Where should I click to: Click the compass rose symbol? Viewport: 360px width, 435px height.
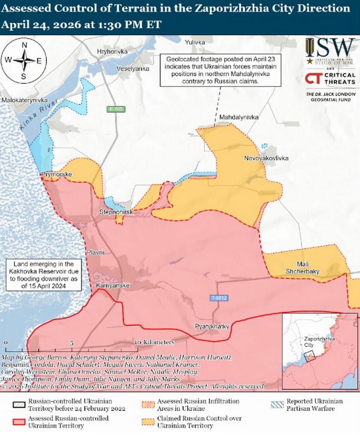[24, 60]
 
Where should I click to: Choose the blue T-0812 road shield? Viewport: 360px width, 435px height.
[219, 298]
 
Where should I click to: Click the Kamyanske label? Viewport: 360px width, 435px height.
[113, 286]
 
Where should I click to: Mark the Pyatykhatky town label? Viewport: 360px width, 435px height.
[212, 327]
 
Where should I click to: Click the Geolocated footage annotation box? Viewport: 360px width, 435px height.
[220, 71]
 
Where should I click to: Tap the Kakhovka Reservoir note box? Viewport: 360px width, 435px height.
[44, 275]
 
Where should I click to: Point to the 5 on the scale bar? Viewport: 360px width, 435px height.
[71, 343]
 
